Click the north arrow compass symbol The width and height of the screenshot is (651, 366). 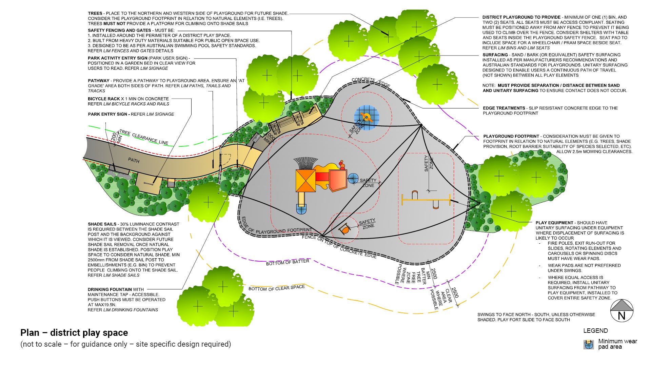pos(622,311)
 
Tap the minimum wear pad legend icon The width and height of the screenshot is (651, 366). pos(589,345)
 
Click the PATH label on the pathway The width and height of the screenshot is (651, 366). pos(134,160)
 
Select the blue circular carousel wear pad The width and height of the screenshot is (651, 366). pos(367,118)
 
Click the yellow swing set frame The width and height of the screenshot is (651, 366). pos(426,200)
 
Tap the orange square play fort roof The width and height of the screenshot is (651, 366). pos(305,180)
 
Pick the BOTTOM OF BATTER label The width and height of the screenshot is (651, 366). pos(288,262)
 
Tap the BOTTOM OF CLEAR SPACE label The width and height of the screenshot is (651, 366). pos(277,288)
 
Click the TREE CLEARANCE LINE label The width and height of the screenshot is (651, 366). pos(144,137)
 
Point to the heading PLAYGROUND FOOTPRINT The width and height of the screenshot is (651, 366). pos(511,136)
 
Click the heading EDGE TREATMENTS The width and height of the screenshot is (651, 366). pos(504,108)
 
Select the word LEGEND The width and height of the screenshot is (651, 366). pos(595,331)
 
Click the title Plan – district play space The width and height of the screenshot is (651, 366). pos(74,333)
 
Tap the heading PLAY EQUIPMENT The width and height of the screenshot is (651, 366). pos(554,223)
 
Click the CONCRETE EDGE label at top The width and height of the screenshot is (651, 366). pos(371,82)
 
